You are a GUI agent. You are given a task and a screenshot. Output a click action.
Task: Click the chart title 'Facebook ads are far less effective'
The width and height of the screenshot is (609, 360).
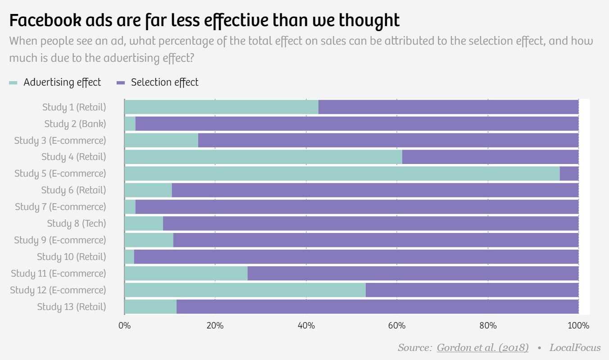(x=204, y=21)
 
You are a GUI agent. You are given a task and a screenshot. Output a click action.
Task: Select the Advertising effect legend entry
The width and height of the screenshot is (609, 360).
(x=56, y=82)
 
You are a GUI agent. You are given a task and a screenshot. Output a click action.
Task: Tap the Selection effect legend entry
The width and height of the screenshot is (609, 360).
(x=158, y=82)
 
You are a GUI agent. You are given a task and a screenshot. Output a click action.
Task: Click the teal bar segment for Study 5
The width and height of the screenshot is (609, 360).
(x=341, y=173)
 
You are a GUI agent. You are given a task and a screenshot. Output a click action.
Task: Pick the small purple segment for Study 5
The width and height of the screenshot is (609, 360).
(x=569, y=173)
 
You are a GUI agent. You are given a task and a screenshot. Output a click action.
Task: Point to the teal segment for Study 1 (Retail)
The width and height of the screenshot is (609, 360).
(x=221, y=107)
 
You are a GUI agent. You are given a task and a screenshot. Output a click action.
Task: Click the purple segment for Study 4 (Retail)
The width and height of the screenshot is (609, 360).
(x=490, y=157)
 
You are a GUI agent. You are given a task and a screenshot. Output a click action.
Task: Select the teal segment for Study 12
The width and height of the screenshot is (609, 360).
(x=245, y=290)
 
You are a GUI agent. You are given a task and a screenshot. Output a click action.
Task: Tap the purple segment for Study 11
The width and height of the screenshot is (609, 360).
(x=413, y=273)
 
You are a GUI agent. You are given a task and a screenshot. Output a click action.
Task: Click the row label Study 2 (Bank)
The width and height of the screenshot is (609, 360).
(x=75, y=124)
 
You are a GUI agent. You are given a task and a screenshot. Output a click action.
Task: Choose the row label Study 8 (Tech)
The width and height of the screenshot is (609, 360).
(x=77, y=223)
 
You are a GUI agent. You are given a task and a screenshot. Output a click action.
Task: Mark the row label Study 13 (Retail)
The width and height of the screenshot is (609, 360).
(x=71, y=307)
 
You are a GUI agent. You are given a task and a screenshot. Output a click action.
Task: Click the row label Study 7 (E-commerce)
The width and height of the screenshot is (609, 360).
(x=60, y=207)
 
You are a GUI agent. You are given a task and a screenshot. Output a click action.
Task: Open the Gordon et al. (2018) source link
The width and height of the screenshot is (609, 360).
(x=482, y=348)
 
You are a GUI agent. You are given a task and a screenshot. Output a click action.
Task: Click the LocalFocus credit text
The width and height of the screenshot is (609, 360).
(x=575, y=348)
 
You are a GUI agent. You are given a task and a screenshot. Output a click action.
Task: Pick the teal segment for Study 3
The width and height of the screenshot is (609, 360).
(x=161, y=141)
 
